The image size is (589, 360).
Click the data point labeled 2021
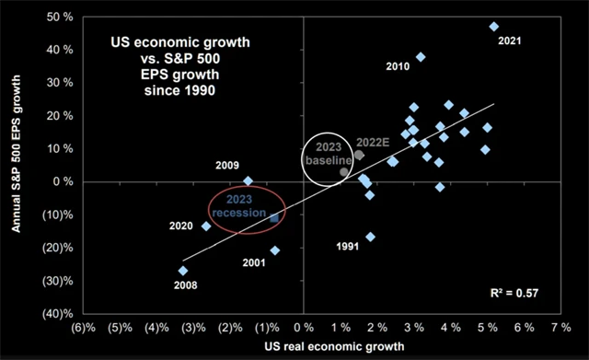coord(493,27)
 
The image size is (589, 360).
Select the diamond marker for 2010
coord(421,57)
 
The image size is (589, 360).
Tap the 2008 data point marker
coord(183,271)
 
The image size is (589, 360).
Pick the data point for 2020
coord(206,226)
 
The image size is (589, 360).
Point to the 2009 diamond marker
coord(248,181)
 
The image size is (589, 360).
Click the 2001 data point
coord(275,250)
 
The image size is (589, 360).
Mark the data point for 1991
coord(371,237)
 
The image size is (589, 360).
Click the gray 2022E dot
coord(359,155)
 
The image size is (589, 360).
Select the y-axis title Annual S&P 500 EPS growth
coord(14,166)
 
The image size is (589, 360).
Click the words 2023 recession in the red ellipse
coord(246,211)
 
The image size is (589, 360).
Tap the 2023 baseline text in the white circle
coord(329,154)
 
